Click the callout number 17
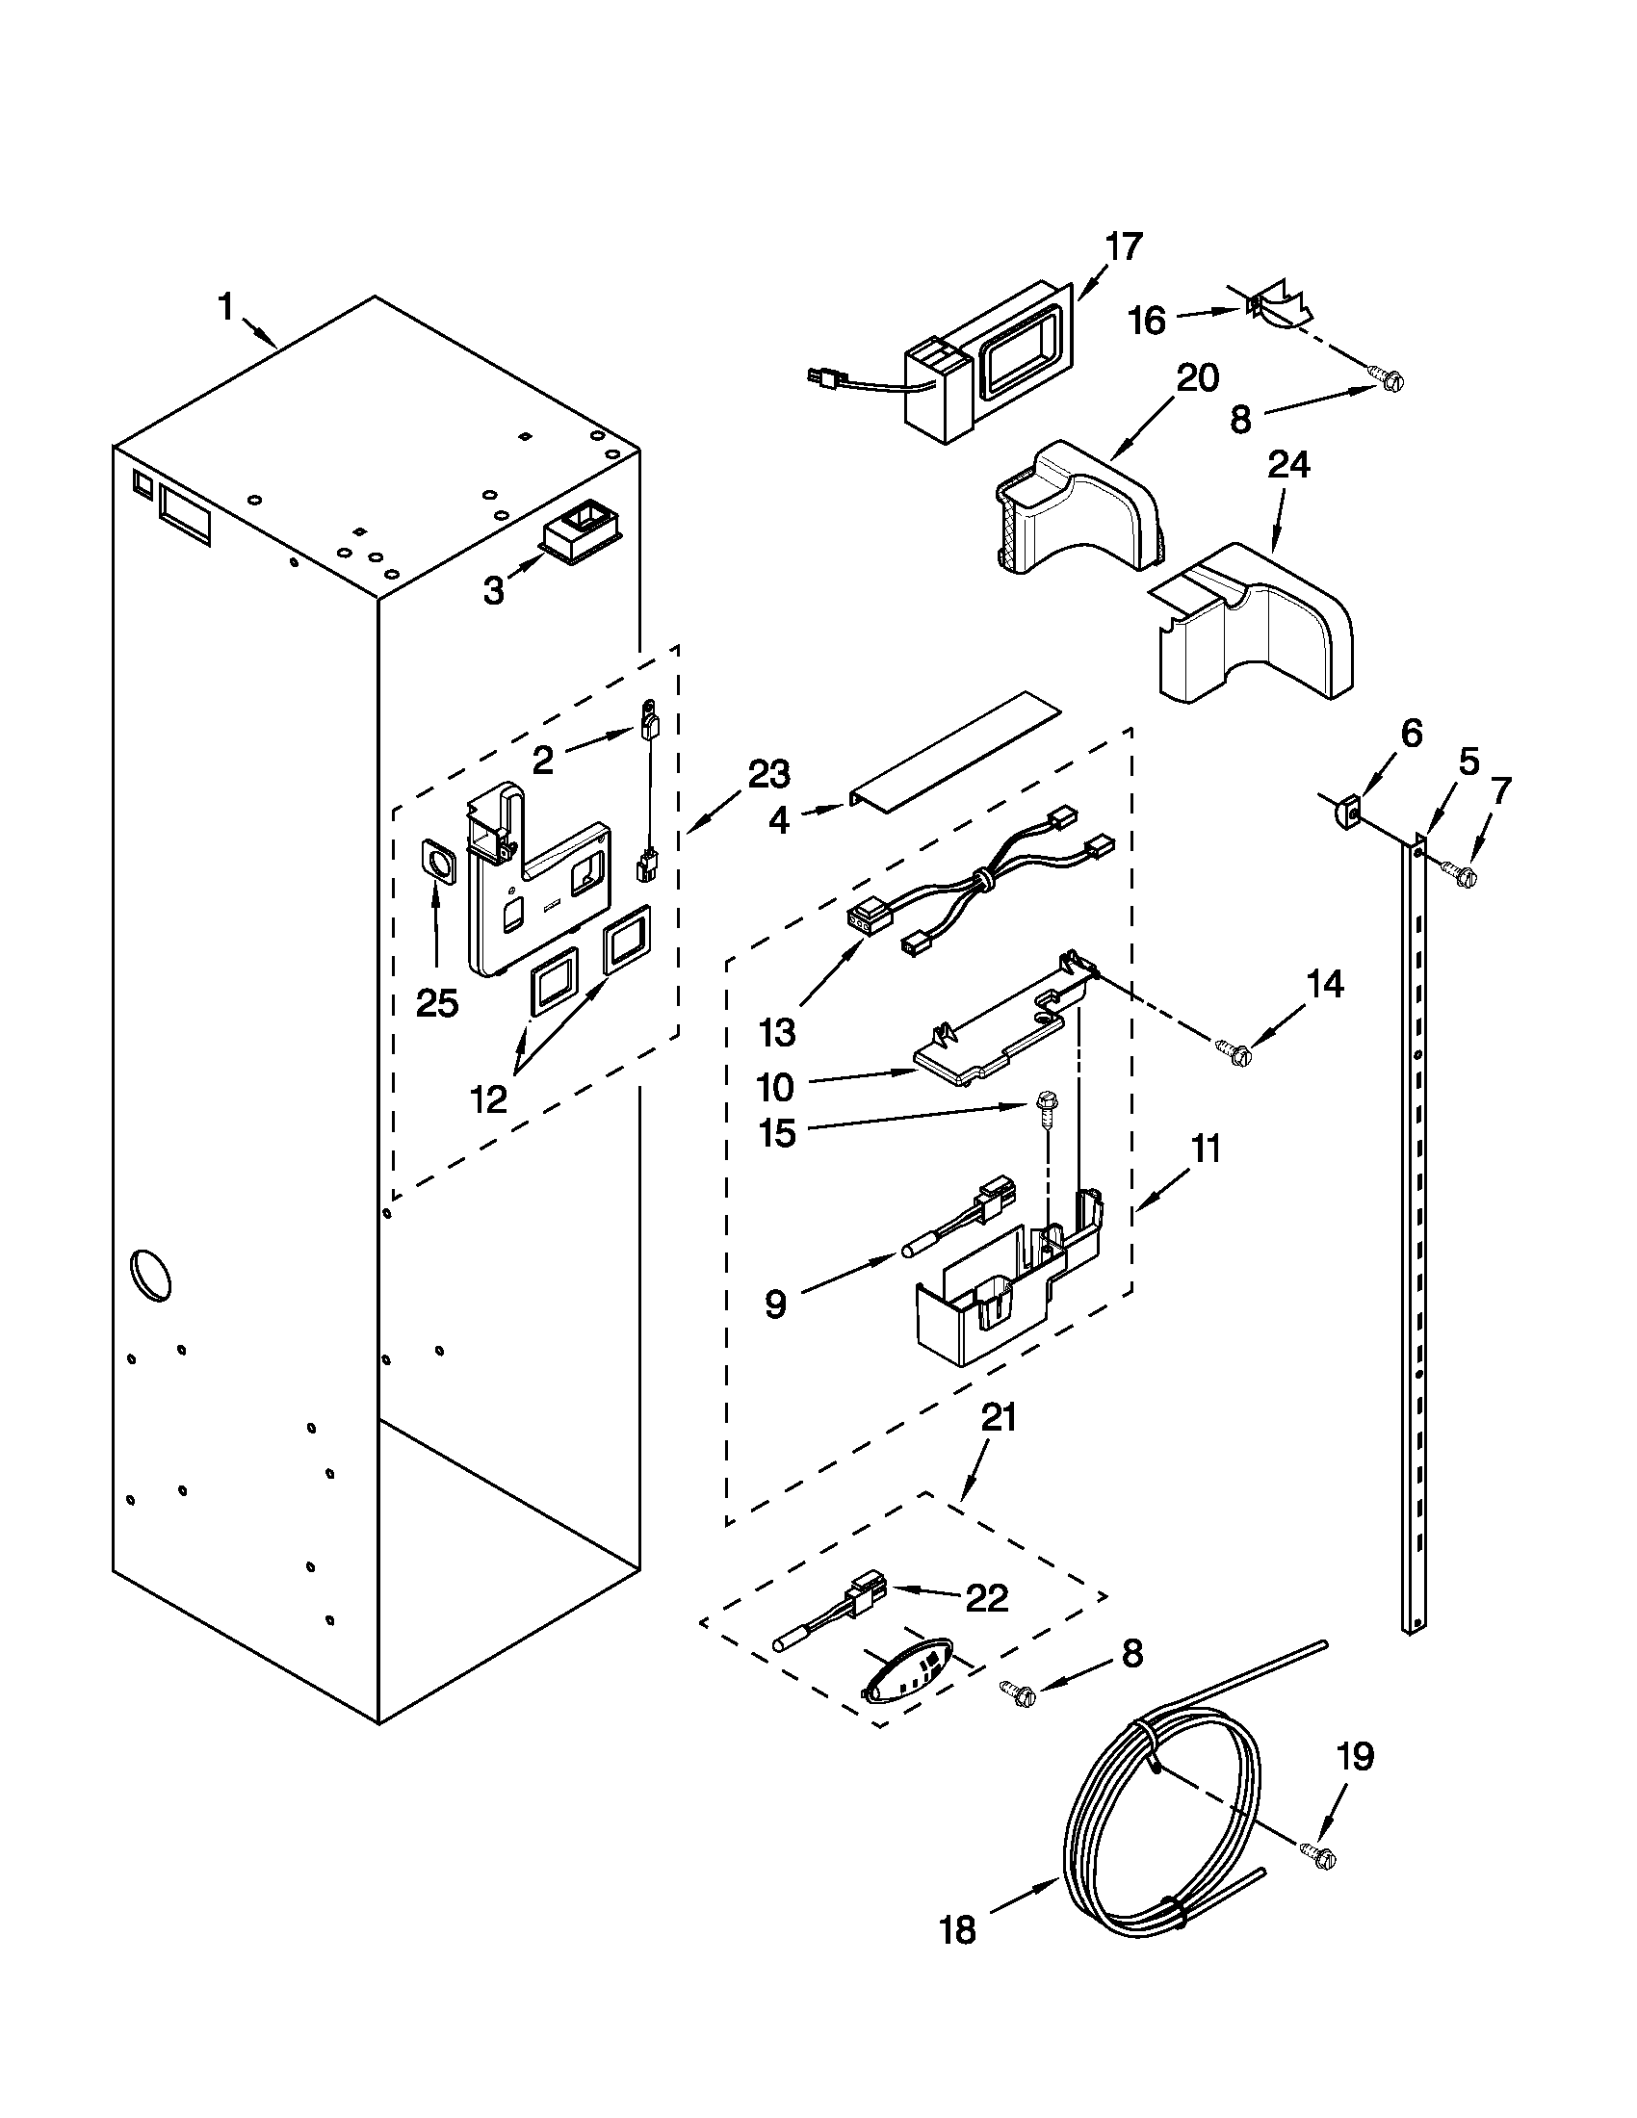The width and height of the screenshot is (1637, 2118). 1124,247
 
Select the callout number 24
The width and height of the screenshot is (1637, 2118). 1288,466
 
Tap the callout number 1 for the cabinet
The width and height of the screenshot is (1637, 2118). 225,308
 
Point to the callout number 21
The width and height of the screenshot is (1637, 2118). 999,1417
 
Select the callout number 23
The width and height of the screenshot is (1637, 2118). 769,775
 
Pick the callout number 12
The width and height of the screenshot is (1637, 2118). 489,1098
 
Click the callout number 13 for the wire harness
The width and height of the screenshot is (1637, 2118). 777,1033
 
